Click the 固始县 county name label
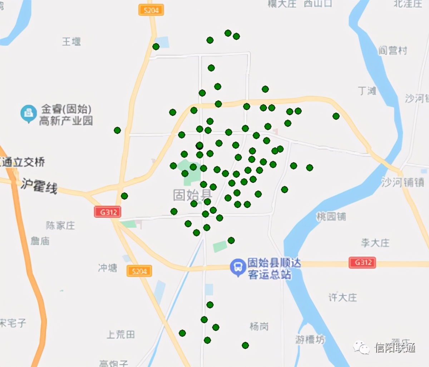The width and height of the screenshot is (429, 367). click(x=192, y=195)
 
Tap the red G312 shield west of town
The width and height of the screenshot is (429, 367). click(x=108, y=212)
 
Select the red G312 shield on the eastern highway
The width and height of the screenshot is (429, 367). click(x=363, y=263)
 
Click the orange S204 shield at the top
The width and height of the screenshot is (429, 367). click(x=151, y=10)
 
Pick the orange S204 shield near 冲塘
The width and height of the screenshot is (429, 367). click(x=139, y=271)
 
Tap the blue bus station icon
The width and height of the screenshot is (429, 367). click(x=237, y=266)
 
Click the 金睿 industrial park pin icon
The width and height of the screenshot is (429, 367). click(x=29, y=113)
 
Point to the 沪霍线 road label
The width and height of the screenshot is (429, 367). click(x=39, y=186)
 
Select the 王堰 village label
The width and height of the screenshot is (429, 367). click(x=71, y=42)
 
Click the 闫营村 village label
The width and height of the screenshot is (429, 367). click(x=393, y=50)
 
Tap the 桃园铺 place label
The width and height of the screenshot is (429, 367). click(x=331, y=216)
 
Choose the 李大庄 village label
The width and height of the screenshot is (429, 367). click(x=375, y=243)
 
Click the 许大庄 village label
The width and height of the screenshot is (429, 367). click(x=342, y=297)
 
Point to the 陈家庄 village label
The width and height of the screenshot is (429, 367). click(x=60, y=225)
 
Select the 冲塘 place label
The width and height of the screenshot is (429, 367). click(x=108, y=268)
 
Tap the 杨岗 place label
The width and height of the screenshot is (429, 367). click(x=259, y=326)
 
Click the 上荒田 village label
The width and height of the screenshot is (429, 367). click(x=121, y=334)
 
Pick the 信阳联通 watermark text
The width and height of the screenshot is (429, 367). click(x=395, y=347)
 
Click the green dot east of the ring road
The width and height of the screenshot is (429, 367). click(x=336, y=116)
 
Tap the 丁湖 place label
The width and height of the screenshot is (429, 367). click(x=367, y=91)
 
